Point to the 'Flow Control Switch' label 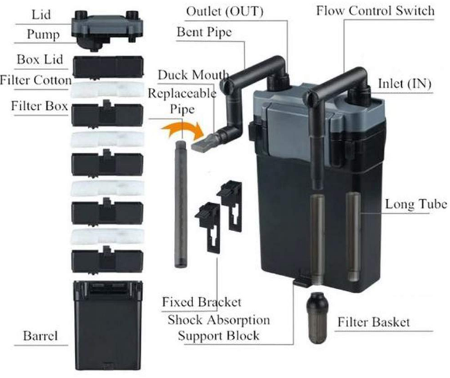[x=384, y=12]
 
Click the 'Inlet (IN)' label [x=405, y=83]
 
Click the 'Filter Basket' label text [x=374, y=322]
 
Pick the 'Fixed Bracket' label [x=202, y=302]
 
